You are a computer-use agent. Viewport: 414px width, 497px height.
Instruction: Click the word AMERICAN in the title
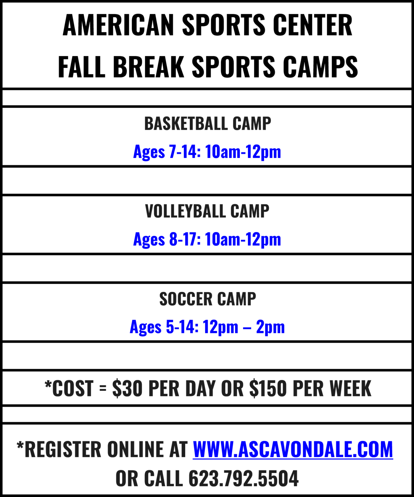point(118,25)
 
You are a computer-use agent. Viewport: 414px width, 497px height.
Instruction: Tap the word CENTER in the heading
point(313,25)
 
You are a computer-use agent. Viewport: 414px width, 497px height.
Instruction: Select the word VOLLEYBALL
point(185,211)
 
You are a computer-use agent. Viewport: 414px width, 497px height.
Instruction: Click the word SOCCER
point(186,299)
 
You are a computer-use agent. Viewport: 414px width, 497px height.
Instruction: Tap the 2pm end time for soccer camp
point(271,327)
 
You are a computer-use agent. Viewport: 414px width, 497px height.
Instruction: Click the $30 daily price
point(127,388)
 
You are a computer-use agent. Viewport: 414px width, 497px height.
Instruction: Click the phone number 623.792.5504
point(243,479)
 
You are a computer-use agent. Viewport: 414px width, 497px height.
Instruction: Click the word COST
point(72,388)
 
